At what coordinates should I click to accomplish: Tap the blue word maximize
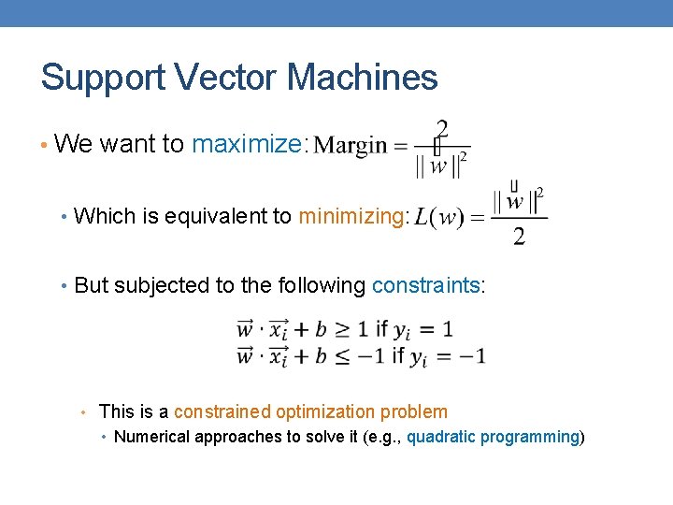click(247, 144)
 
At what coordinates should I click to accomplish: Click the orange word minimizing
click(351, 217)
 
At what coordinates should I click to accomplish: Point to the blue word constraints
click(425, 285)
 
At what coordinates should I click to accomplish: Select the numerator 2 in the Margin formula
click(442, 127)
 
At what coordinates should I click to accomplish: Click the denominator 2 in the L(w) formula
click(519, 236)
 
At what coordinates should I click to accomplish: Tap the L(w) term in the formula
click(437, 218)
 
